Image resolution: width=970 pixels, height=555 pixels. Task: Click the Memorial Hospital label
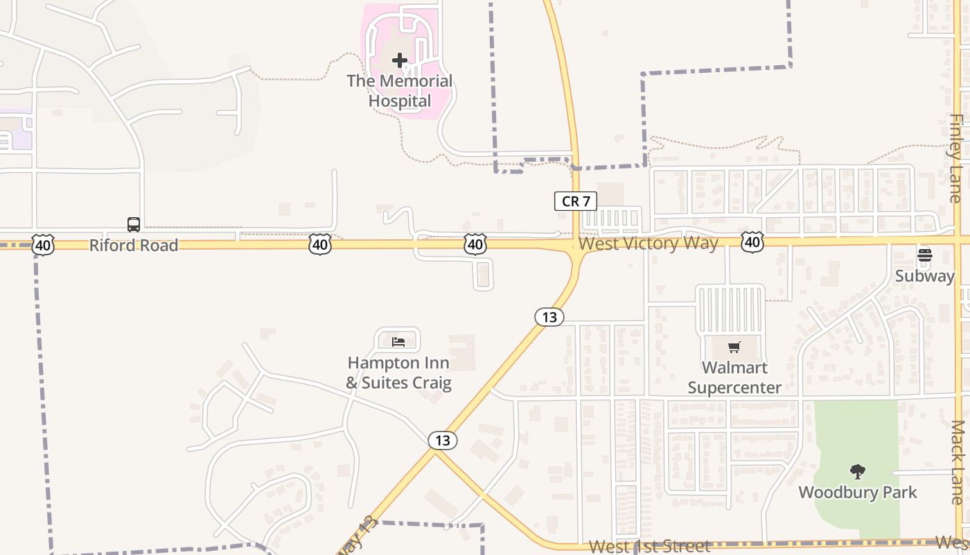tap(400, 91)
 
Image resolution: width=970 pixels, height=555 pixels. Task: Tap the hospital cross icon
tap(400, 60)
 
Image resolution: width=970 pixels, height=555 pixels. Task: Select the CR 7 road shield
tap(575, 201)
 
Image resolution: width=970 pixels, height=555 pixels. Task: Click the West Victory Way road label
tap(649, 244)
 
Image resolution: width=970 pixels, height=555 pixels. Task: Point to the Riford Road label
tap(134, 245)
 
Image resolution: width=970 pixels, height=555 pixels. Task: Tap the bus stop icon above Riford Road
tap(134, 224)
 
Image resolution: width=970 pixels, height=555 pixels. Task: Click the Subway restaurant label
tap(925, 276)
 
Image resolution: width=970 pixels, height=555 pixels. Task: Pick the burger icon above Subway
tap(924, 255)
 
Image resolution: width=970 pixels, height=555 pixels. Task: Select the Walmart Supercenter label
tap(734, 377)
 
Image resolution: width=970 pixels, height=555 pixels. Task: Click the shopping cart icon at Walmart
tap(734, 347)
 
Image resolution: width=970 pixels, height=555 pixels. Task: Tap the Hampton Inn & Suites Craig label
tap(398, 373)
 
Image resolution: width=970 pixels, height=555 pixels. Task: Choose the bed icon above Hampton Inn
tap(398, 341)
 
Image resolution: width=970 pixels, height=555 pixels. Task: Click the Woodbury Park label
tap(858, 493)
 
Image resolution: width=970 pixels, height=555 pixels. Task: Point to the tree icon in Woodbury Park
tap(858, 472)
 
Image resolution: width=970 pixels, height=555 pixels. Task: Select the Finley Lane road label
tap(956, 158)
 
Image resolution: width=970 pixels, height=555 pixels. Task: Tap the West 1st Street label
tap(649, 547)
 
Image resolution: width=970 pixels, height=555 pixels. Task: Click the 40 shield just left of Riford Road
tap(43, 244)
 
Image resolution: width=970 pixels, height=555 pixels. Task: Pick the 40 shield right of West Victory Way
tap(752, 241)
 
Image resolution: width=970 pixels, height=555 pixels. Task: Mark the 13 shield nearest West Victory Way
tap(549, 317)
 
